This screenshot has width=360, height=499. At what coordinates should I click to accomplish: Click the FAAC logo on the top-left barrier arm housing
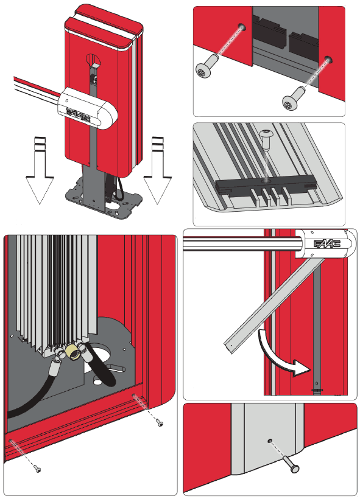79,114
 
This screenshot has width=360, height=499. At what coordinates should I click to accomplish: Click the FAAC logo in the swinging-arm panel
327,243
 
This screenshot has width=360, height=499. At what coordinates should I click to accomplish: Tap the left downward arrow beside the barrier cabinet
40,170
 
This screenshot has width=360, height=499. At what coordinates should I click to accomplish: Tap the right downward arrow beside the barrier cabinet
157,170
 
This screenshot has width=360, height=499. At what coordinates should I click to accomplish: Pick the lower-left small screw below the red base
37,469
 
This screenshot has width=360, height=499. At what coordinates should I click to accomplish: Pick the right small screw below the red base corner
160,422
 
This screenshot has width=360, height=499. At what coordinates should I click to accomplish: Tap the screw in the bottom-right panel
292,464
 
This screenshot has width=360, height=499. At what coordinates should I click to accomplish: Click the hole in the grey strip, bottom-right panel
270,441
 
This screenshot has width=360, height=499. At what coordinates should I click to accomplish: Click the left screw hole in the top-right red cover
243,27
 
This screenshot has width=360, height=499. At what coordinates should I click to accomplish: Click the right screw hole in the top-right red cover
328,60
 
